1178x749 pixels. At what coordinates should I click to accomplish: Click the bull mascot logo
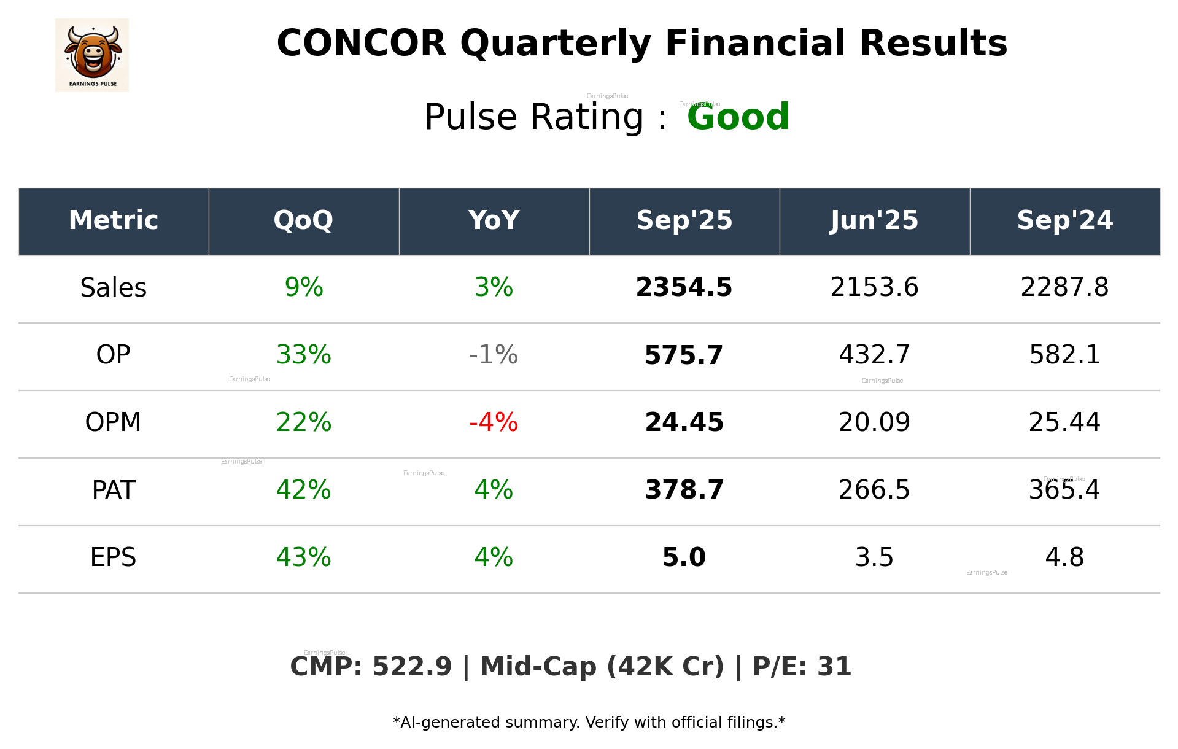(92, 55)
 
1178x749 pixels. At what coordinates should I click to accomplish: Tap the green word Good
(738, 117)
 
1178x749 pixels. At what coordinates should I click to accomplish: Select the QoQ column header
(303, 220)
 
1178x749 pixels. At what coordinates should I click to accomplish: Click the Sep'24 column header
(1064, 220)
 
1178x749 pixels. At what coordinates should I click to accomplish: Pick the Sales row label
(114, 288)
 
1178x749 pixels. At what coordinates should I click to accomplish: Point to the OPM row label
(114, 422)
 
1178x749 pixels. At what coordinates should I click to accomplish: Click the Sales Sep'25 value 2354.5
(684, 288)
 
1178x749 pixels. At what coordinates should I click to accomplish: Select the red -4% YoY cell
(494, 422)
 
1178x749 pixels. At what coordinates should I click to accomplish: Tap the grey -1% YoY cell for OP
(494, 355)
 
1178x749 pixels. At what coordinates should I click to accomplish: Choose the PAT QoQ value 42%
(303, 490)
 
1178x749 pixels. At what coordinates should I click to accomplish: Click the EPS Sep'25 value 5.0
(684, 557)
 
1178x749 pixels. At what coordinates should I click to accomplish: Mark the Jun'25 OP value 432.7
(874, 355)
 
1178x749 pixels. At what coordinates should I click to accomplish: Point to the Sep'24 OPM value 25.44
(1064, 422)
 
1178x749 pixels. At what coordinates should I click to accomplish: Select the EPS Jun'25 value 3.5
(874, 557)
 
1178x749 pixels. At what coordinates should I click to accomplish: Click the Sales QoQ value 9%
(303, 288)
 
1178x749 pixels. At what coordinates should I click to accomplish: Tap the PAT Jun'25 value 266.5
(874, 490)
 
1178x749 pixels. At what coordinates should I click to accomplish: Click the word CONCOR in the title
(362, 44)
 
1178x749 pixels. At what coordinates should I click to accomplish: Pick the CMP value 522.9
(412, 667)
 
